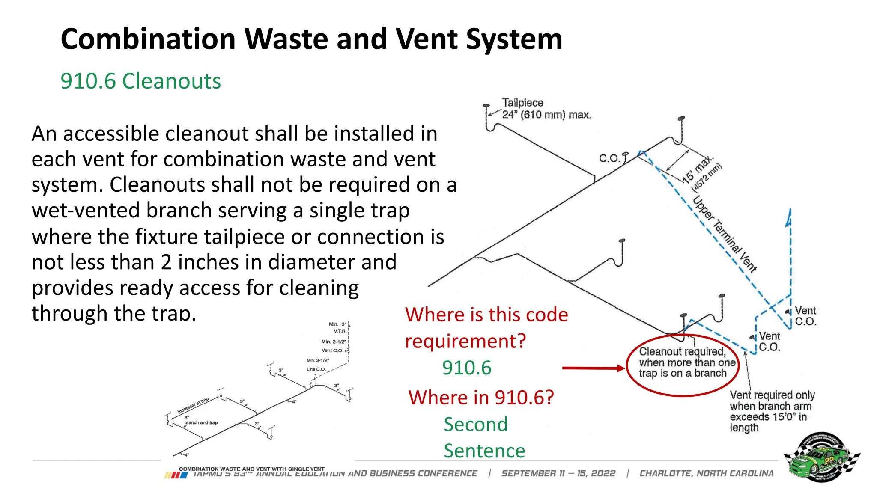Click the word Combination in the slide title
click(x=148, y=39)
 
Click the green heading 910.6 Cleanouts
click(x=140, y=81)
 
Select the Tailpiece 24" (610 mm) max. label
click(x=546, y=109)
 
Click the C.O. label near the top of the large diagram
click(x=609, y=158)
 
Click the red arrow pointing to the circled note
click(x=593, y=368)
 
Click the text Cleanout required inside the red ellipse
click(x=682, y=352)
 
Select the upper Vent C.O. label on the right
click(x=805, y=316)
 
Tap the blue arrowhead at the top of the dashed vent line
click(x=789, y=219)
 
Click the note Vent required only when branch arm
click(x=772, y=400)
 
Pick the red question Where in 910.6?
click(x=481, y=398)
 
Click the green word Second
click(x=475, y=425)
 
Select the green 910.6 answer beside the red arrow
click(x=466, y=368)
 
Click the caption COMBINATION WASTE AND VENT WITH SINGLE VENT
click(x=251, y=469)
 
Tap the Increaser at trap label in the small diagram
click(x=193, y=405)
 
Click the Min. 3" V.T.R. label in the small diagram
click(x=338, y=327)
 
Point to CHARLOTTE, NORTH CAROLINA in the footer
click(x=707, y=473)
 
